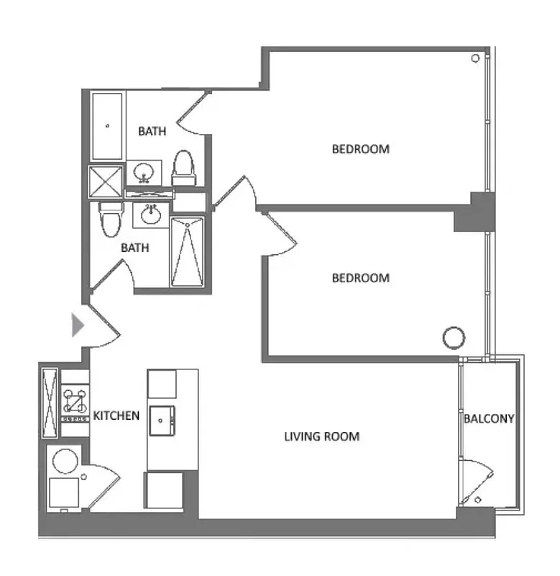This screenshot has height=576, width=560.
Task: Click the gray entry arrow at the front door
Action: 78,325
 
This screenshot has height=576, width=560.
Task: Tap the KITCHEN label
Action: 116,415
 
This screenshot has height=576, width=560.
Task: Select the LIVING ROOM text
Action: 321,436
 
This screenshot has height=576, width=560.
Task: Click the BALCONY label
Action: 489,418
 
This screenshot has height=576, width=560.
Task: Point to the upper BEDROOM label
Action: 360,149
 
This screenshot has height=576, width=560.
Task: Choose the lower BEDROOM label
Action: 360,277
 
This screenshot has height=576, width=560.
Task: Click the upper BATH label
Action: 152,131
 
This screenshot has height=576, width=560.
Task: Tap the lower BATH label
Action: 134,248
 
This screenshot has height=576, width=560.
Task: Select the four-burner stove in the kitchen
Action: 75,404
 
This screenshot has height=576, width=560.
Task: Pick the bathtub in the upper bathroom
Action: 108,126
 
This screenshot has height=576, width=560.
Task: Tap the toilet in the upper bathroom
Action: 184,165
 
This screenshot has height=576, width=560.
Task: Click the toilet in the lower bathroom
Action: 111,219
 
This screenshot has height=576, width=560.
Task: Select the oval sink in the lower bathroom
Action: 151,214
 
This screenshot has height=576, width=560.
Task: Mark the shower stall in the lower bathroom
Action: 187,251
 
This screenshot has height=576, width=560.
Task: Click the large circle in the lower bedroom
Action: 453,336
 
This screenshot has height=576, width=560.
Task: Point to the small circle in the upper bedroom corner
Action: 475,58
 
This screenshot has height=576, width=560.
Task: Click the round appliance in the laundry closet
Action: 65,461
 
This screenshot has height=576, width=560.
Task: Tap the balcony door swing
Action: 478,480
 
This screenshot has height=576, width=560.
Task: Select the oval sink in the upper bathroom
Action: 144,173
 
